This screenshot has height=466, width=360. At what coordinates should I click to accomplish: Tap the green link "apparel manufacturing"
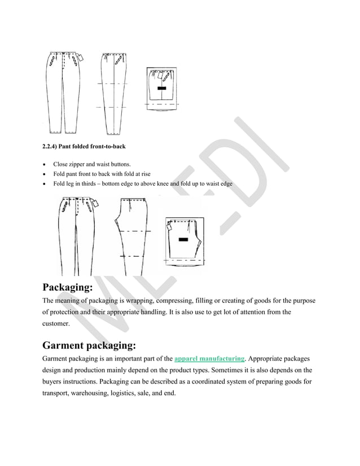[x=210, y=359]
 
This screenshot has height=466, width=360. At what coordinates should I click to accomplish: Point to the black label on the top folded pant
[x=162, y=89]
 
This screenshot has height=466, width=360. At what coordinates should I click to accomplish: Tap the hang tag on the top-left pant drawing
[x=81, y=58]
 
